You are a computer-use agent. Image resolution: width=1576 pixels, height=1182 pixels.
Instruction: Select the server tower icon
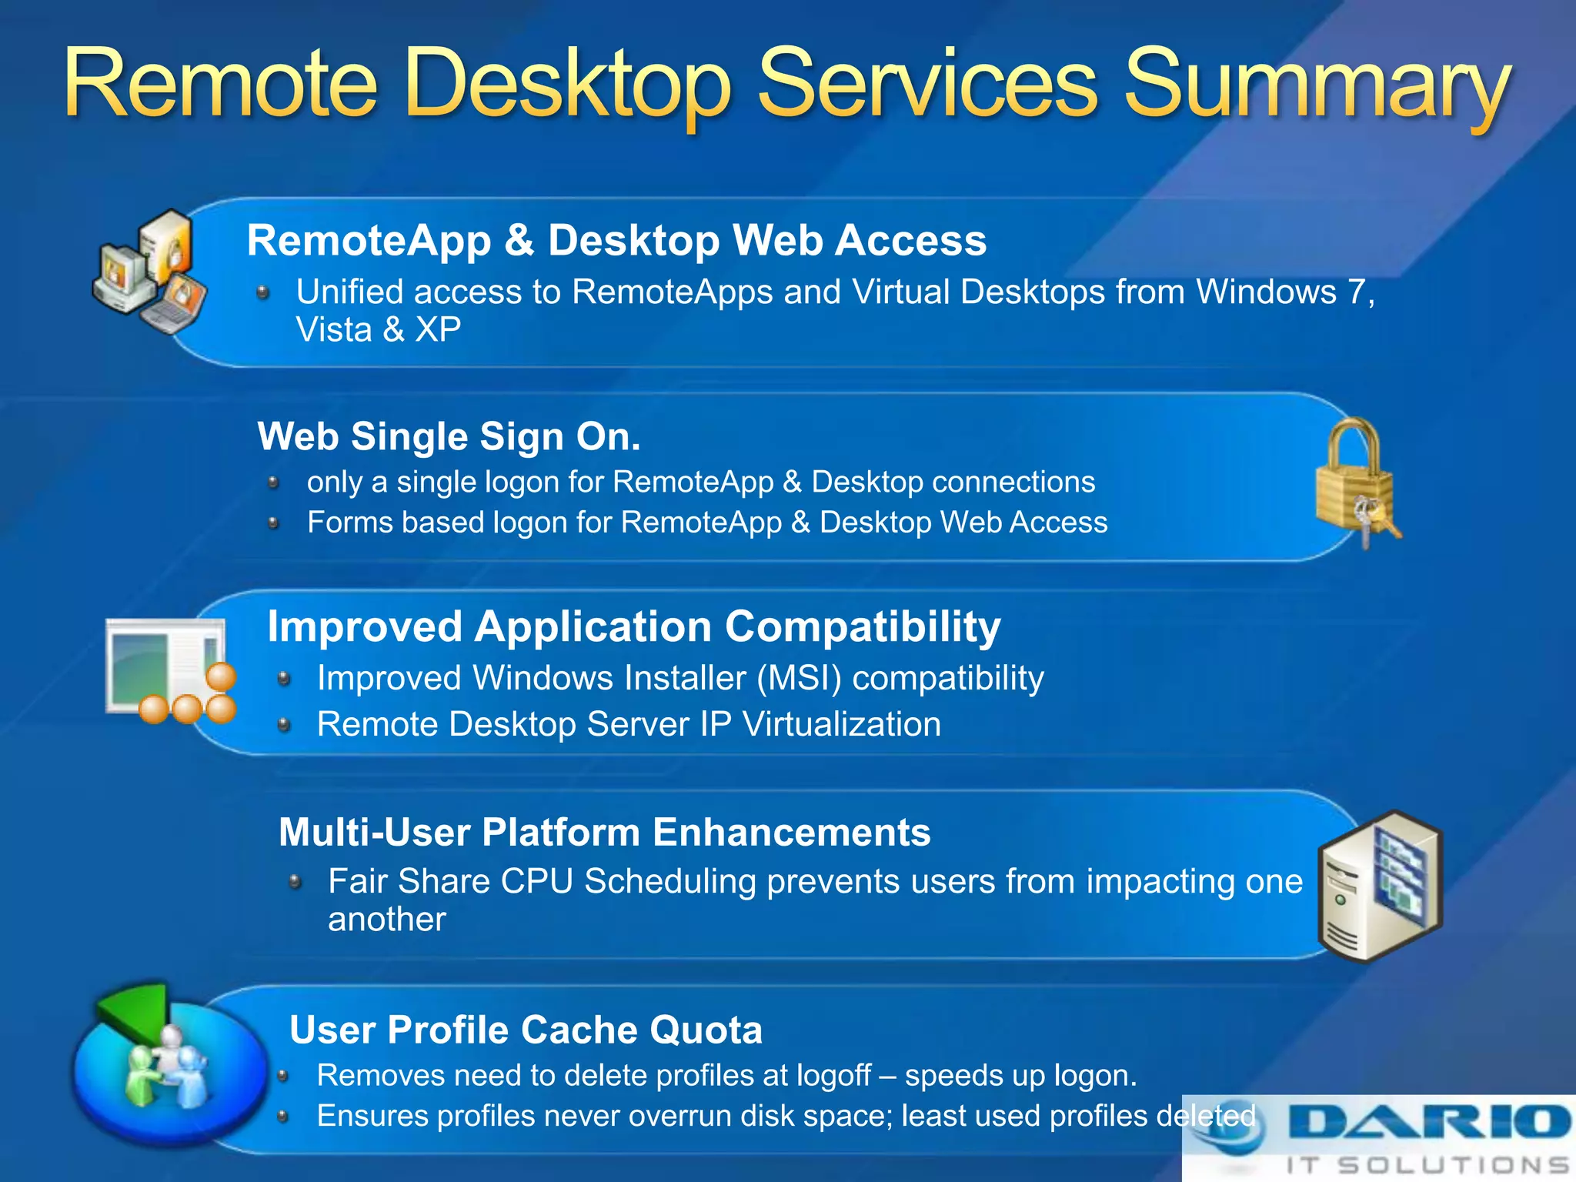coord(1379,885)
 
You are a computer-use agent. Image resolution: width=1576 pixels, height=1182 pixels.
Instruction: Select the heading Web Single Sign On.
coord(449,436)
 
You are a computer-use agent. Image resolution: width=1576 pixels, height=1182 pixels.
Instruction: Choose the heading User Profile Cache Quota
coord(526,1030)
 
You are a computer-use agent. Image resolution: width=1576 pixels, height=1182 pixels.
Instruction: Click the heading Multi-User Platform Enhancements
coord(604,832)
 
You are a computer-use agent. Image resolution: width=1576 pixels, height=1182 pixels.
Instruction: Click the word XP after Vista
coord(438,330)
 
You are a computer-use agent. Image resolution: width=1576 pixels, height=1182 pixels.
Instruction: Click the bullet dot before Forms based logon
coord(273,523)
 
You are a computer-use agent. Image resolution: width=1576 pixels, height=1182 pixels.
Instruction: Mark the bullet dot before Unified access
coord(263,292)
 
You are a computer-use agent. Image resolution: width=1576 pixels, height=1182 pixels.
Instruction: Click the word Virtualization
coord(841,724)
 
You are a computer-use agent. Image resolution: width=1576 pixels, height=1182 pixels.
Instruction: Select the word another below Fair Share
coord(386,920)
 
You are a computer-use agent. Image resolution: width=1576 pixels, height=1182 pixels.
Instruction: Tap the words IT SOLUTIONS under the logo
coord(1427,1165)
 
